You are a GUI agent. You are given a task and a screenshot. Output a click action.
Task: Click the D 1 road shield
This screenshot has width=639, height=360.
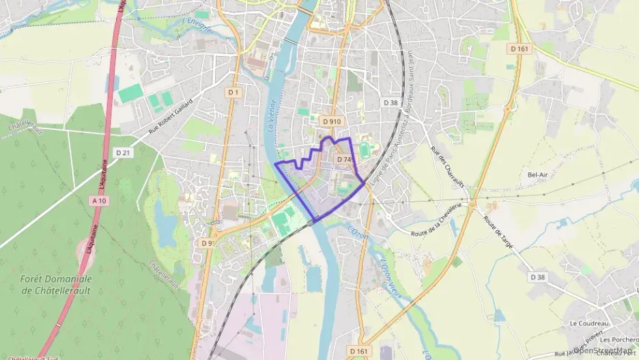click(x=233, y=92)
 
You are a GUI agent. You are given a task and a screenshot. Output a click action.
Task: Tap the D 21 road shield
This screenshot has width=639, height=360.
click(x=124, y=152)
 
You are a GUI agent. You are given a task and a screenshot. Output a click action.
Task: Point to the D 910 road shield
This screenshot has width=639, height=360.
click(x=330, y=122)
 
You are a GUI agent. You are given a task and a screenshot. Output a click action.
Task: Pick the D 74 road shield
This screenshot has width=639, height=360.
click(x=343, y=159)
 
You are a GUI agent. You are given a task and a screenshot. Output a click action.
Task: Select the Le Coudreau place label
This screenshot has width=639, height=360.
click(x=584, y=323)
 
